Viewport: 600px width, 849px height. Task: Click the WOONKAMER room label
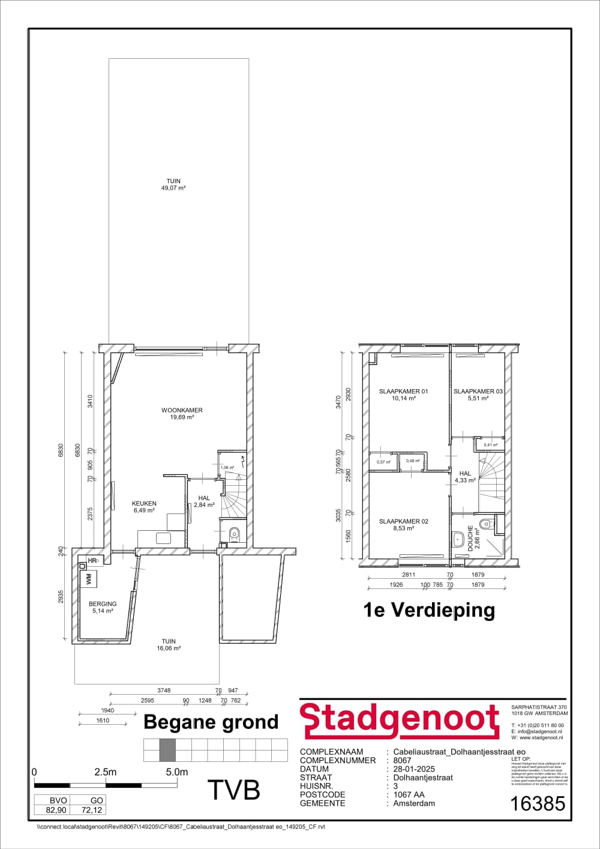click(182, 411)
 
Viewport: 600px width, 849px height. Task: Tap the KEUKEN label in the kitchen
click(144, 504)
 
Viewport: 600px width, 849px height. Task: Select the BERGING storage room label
click(103, 604)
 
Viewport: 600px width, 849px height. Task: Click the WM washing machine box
click(89, 579)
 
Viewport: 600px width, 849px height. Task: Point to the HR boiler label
click(92, 561)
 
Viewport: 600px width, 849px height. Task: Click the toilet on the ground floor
click(235, 534)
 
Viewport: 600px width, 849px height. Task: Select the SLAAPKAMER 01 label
click(403, 391)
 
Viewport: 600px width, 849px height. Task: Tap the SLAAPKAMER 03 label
click(478, 391)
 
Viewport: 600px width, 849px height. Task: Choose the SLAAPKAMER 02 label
click(403, 521)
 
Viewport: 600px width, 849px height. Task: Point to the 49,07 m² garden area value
click(173, 188)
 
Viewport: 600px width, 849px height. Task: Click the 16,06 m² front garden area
click(169, 648)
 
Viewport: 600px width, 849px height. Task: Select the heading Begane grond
click(211, 722)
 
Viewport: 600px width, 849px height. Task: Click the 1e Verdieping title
click(429, 610)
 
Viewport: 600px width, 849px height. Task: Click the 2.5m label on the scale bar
click(106, 772)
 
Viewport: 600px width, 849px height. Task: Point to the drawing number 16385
click(536, 803)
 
